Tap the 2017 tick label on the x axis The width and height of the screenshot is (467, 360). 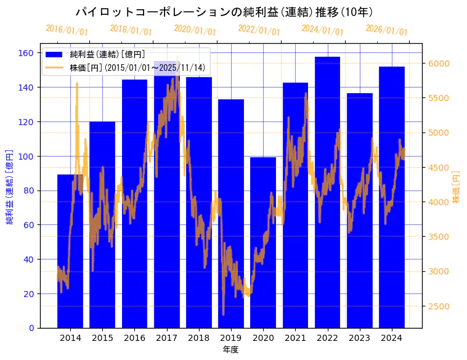166,338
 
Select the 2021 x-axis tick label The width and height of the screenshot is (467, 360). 295,338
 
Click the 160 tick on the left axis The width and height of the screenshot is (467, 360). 25,53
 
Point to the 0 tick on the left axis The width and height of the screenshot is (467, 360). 30,328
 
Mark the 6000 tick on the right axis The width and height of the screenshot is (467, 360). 439,63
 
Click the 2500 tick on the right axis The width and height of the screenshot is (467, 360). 439,306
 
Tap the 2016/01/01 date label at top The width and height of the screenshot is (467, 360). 67,30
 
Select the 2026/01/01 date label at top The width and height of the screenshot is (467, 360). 386,30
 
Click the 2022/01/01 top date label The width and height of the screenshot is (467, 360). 259,30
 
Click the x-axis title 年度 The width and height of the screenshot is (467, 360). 230,350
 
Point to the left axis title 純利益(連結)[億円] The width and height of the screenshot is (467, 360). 10,186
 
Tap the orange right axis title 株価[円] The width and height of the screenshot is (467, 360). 457,187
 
